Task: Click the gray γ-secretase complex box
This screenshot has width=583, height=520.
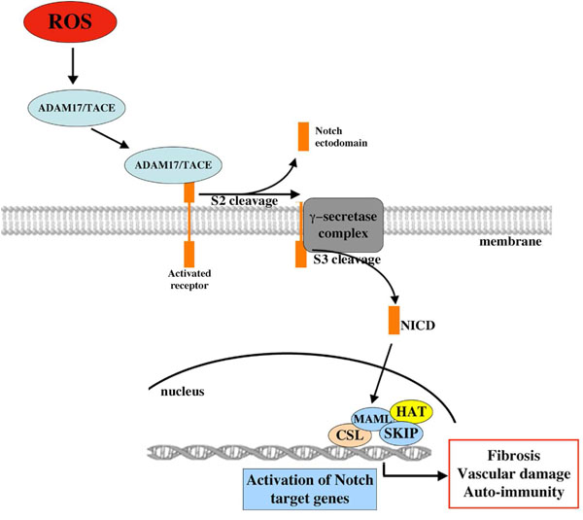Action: (344, 228)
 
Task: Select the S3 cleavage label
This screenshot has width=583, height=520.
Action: (346, 260)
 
